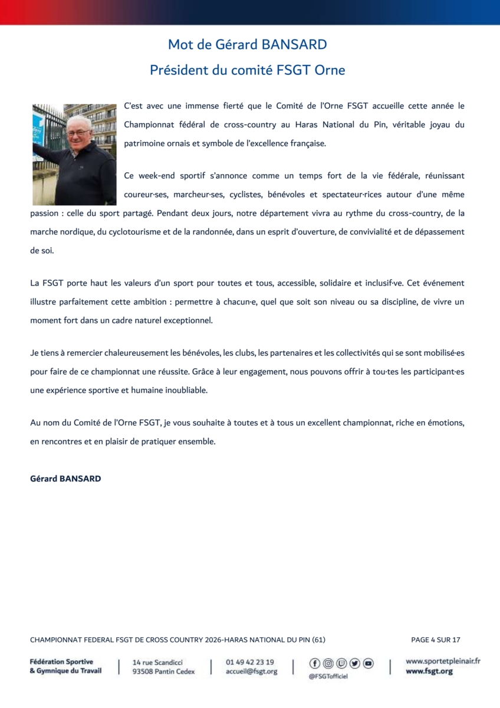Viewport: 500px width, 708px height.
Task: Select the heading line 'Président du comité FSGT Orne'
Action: tap(247, 70)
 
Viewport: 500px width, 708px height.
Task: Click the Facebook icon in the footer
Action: tap(315, 664)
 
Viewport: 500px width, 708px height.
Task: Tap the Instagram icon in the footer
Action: tap(328, 664)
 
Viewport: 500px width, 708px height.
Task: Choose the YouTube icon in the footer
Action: tap(368, 664)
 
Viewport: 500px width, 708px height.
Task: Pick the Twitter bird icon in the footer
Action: tap(355, 664)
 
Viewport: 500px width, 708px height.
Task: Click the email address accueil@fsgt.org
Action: tap(251, 671)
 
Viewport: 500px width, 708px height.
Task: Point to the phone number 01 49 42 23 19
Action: tap(249, 662)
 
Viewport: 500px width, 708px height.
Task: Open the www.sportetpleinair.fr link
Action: tap(443, 661)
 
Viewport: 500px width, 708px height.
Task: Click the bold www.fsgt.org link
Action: tap(429, 671)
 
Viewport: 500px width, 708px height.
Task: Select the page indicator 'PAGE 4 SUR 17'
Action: tap(435, 640)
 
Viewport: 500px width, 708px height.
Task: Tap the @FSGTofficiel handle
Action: tap(328, 676)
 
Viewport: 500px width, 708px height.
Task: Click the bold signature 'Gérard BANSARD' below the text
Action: tap(65, 478)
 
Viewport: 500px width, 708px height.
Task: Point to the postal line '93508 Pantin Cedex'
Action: tap(163, 671)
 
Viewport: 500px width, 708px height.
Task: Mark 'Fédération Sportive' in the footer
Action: tap(61, 662)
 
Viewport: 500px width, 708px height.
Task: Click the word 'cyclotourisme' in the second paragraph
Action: tap(129, 232)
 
